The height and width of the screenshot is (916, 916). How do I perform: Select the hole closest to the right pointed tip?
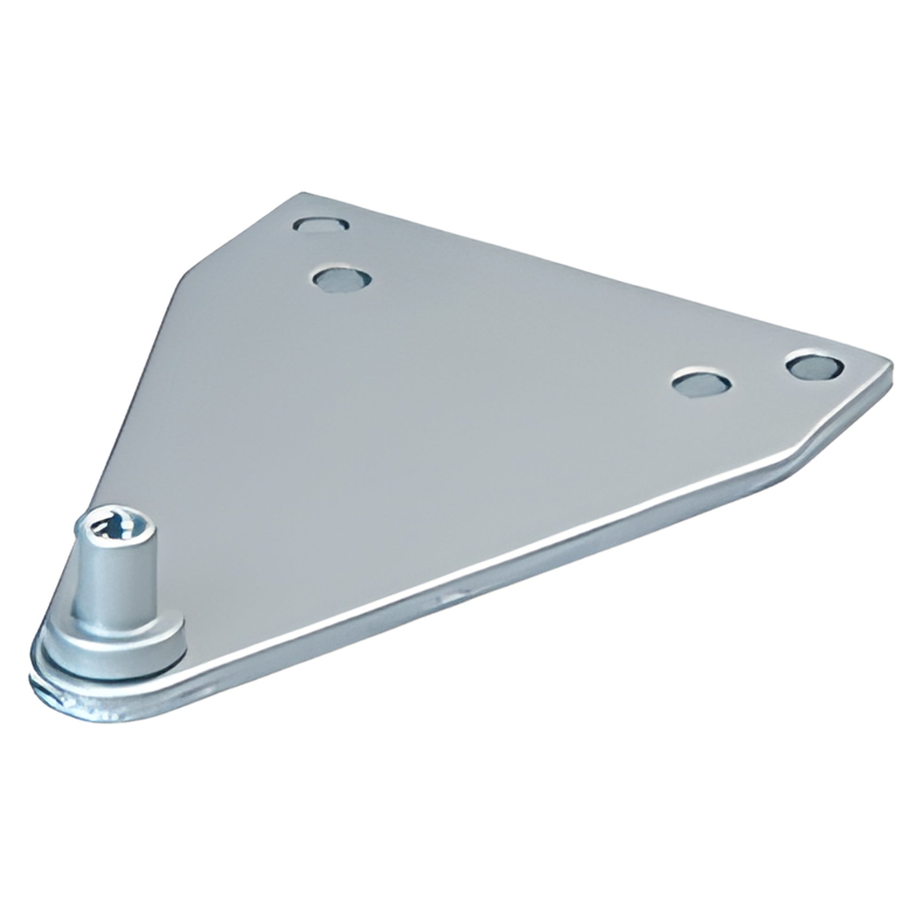pyautogui.click(x=814, y=367)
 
